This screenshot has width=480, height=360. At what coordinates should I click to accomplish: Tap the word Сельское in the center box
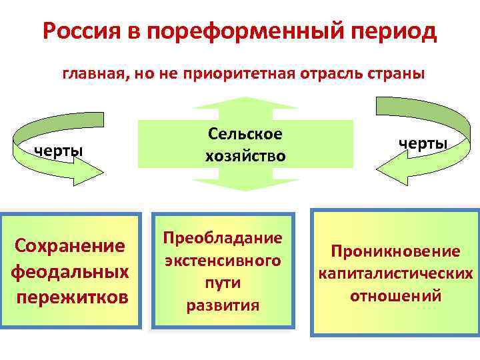tap(245, 134)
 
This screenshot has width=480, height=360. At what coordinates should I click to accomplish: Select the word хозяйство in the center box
tap(245, 156)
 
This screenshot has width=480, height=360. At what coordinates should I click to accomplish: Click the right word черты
tap(423, 143)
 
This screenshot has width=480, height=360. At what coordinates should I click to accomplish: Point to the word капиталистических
tap(395, 273)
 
